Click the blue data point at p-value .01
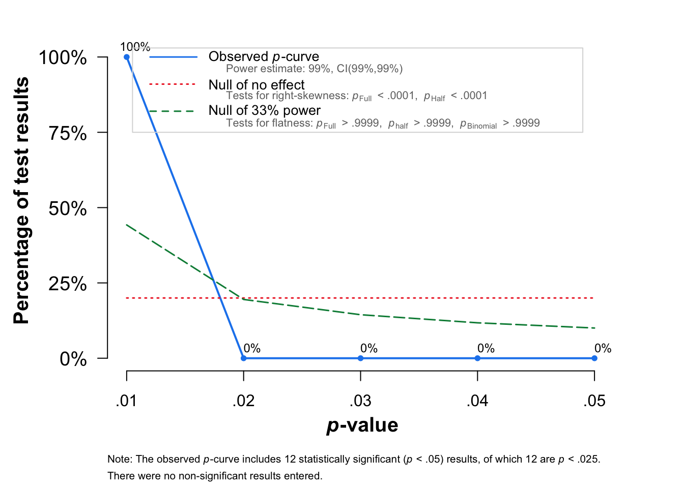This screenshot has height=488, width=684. point(127,57)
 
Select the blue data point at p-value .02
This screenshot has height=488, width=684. point(244,358)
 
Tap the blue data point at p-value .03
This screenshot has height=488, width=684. point(361,358)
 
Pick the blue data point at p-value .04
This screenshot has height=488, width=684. point(477,358)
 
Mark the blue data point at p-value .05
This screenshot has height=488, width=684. point(594,358)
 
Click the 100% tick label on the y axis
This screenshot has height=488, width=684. point(63,57)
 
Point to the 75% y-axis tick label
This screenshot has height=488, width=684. point(68,133)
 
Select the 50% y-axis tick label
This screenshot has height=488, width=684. point(68,208)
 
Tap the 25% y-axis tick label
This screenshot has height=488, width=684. point(68,284)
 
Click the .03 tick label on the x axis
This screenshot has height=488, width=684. point(361,401)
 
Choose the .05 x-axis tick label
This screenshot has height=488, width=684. point(594,401)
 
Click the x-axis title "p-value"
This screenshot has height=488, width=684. point(362,425)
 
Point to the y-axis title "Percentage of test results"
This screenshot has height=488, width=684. point(21,201)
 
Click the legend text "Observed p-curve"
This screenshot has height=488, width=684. point(264,56)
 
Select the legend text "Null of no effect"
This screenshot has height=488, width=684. point(256,84)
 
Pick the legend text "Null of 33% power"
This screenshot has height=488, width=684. point(265,110)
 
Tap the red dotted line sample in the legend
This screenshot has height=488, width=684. point(172,84)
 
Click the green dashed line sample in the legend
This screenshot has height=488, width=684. point(172,111)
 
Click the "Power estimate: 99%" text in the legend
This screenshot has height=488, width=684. point(279,69)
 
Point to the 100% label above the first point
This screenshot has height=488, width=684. point(135,47)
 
